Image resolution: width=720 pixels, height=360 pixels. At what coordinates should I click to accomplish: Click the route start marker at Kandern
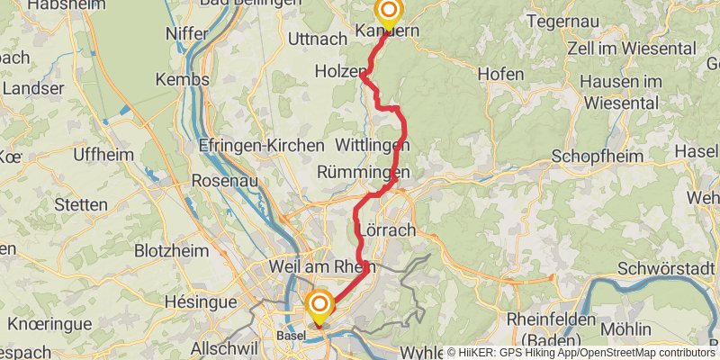tap(389, 13)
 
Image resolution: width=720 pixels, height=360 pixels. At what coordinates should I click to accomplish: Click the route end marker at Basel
tap(318, 303)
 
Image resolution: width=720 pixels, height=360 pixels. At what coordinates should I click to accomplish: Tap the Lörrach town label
tap(387, 229)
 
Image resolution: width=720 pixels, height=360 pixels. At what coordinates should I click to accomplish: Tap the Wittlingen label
tap(372, 145)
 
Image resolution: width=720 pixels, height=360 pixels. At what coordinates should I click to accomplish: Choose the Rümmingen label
tap(364, 171)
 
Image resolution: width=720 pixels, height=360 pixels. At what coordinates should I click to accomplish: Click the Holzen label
tap(340, 70)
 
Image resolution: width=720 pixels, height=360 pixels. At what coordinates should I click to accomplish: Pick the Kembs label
tap(182, 79)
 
